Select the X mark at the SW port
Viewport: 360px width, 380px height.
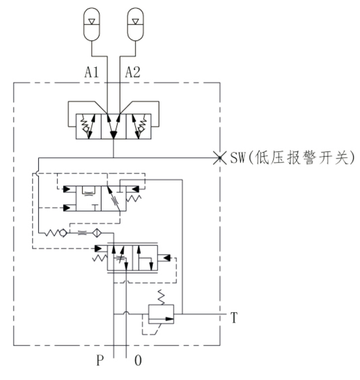coord(219,157)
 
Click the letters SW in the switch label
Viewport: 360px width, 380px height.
coord(237,158)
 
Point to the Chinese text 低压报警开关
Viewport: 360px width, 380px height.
coord(304,158)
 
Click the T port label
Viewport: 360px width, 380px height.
coord(234,319)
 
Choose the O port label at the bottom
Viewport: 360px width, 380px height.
coord(138,361)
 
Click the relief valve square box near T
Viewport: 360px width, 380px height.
coord(161,314)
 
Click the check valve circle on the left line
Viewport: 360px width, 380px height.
coord(64,233)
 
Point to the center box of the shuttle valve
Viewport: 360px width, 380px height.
coord(113,126)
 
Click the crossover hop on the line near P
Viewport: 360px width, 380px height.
coord(127,313)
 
